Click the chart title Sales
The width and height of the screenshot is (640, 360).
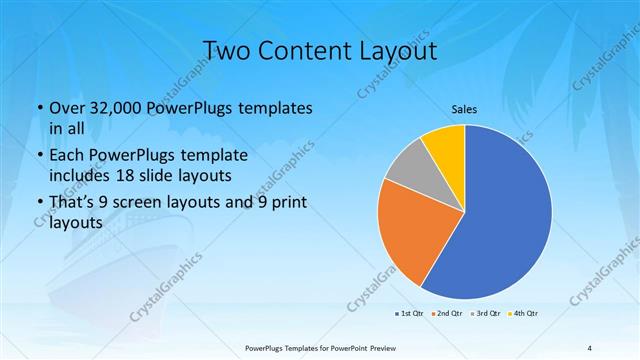click(463, 108)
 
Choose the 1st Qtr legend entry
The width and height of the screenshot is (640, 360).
click(410, 314)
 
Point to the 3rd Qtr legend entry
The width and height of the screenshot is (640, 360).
click(487, 314)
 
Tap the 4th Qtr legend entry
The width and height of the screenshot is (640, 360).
click(525, 314)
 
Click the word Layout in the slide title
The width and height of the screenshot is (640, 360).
click(404, 51)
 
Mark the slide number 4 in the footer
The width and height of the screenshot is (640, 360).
click(590, 347)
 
